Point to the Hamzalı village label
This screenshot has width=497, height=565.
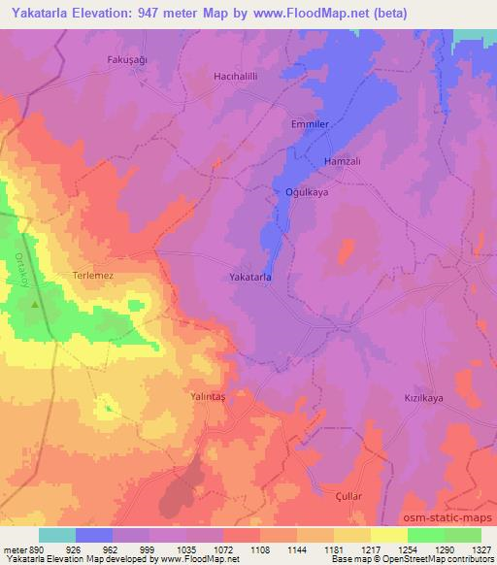pyautogui.click(x=342, y=161)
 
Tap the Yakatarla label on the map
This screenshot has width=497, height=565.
pyautogui.click(x=249, y=278)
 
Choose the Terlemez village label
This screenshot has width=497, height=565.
pyautogui.click(x=94, y=276)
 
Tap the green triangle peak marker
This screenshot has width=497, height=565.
pyautogui.click(x=36, y=304)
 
